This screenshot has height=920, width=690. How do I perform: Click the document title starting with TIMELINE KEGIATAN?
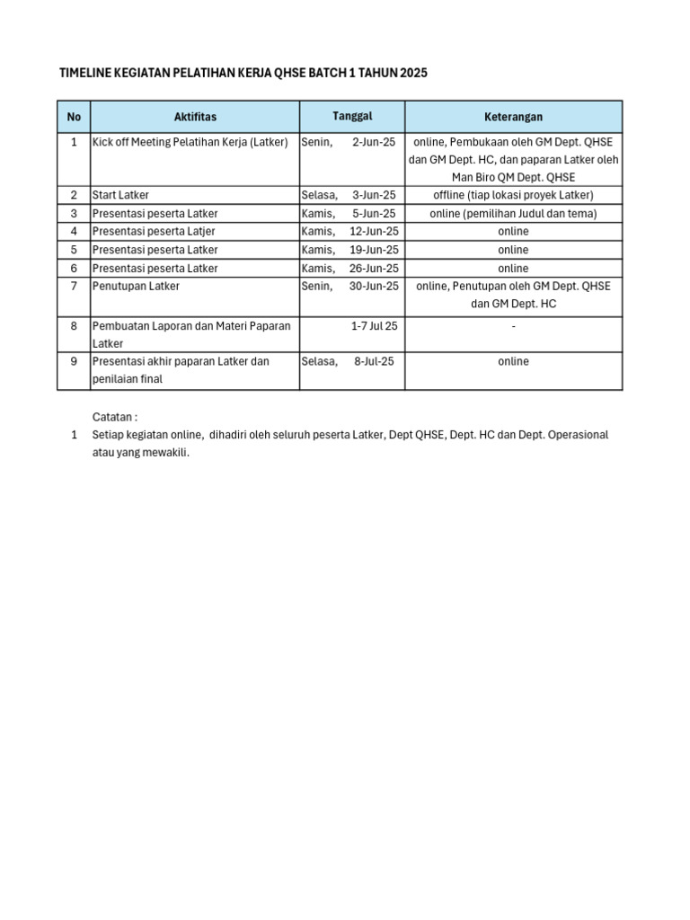point(243,73)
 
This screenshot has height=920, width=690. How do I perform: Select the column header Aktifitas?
point(195,117)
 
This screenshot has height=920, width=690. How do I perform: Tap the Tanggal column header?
point(352,116)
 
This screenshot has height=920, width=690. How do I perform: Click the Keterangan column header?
point(513,117)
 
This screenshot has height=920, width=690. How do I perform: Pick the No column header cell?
point(74,117)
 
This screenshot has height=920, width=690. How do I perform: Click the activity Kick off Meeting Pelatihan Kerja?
point(190,142)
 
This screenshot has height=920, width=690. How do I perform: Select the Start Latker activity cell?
point(121,195)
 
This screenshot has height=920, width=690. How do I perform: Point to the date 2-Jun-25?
point(373,142)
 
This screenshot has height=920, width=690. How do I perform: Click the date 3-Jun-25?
point(373,195)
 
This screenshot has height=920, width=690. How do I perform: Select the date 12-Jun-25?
point(373,231)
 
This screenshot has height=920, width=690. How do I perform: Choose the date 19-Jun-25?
point(373,250)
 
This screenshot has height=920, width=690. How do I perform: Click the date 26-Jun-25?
point(373,268)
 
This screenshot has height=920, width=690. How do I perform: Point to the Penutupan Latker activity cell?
point(136,286)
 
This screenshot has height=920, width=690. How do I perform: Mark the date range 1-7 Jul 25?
point(374,326)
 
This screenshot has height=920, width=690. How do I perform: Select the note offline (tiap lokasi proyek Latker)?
point(513,195)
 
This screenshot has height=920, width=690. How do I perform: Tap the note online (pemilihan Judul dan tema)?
point(513,213)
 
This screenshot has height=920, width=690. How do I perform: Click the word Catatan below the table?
point(115,417)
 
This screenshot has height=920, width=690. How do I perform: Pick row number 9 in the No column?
point(74,361)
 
